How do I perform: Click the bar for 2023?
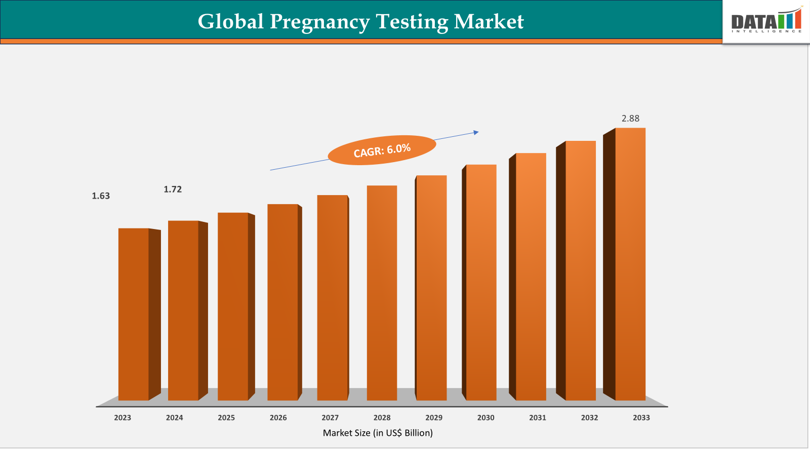click(x=134, y=314)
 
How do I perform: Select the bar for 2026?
click(x=282, y=302)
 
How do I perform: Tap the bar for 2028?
click(x=382, y=293)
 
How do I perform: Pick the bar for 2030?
click(x=481, y=282)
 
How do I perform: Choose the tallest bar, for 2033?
click(x=630, y=264)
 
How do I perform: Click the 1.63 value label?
click(x=101, y=196)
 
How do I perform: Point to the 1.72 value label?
click(x=173, y=189)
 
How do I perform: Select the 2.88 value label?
click(x=630, y=119)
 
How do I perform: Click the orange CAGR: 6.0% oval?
click(x=382, y=150)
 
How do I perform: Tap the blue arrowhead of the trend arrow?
click(x=476, y=133)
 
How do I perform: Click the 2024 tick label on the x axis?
click(x=174, y=417)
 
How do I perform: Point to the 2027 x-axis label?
click(x=330, y=417)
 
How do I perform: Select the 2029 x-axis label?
click(x=434, y=417)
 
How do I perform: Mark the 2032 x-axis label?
click(x=589, y=417)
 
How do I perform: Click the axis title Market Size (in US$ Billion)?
click(x=378, y=433)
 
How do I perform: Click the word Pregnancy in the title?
click(x=319, y=22)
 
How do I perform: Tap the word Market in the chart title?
click(x=489, y=22)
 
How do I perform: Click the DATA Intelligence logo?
click(x=766, y=22)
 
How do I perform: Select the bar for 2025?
click(x=233, y=307)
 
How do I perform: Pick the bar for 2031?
click(x=531, y=277)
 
